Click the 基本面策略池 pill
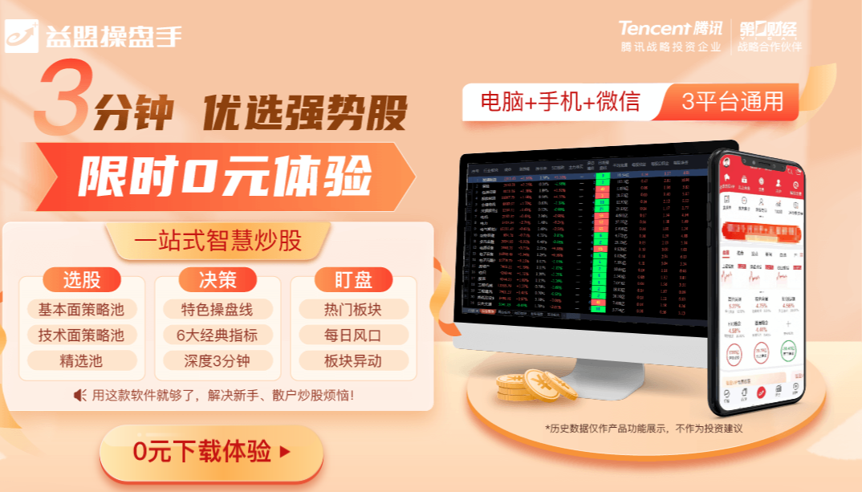(x=81, y=309)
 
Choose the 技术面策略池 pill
(x=81, y=335)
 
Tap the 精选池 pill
(x=81, y=360)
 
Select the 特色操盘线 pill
(x=218, y=309)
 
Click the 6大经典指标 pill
(x=218, y=335)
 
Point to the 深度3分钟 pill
(x=218, y=360)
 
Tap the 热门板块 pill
(x=353, y=309)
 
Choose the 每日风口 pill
(x=353, y=335)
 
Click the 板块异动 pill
(x=353, y=360)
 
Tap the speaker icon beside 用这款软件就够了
(x=79, y=395)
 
